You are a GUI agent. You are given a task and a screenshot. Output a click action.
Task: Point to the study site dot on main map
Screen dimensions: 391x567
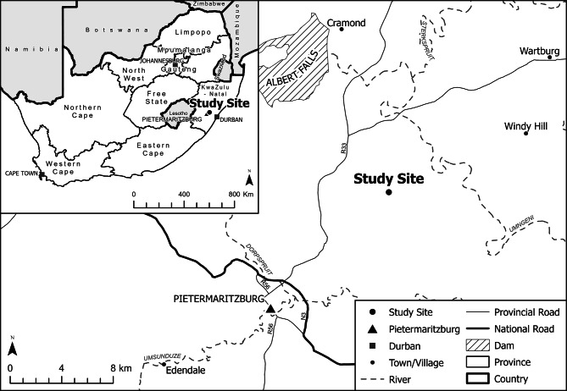coord(389,192)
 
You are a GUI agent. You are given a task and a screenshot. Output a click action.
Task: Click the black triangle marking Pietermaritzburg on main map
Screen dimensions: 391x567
coord(270,311)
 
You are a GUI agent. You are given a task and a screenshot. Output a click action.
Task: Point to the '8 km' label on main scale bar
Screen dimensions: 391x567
coord(120,369)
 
